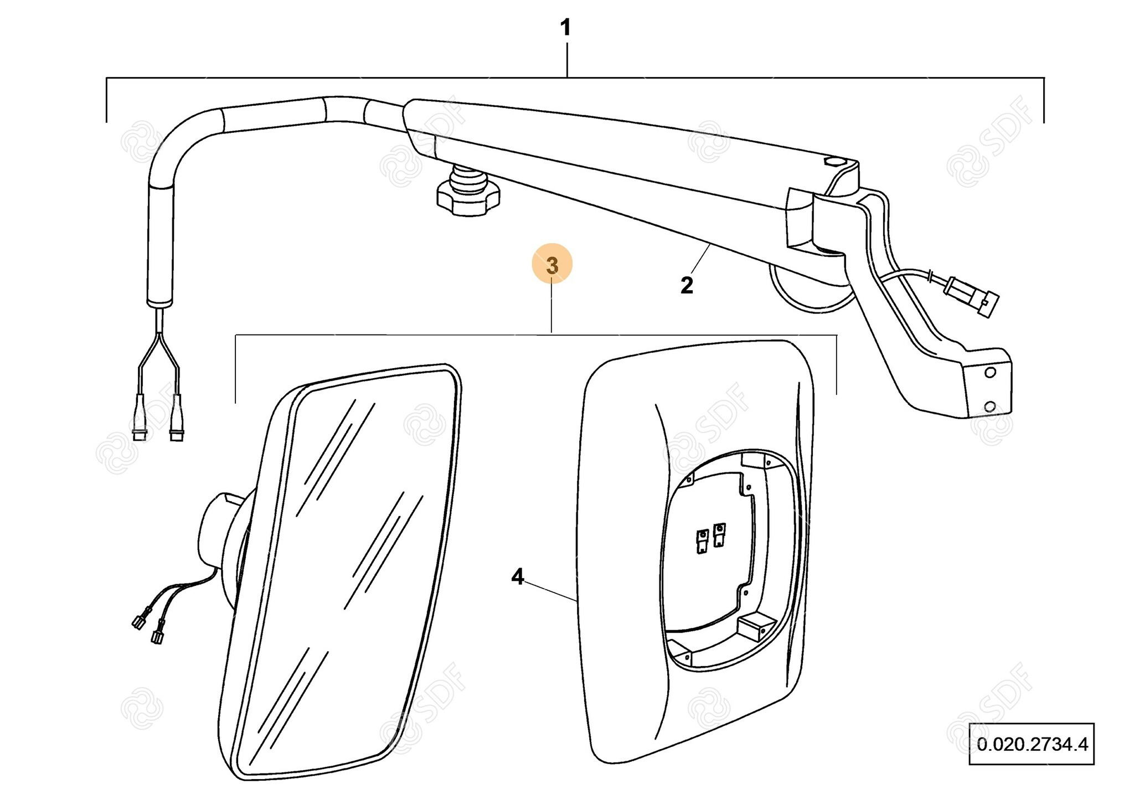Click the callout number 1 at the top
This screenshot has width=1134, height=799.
[x=565, y=28]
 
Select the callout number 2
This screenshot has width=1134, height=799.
[x=687, y=285]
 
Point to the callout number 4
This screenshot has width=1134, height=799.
[x=517, y=577]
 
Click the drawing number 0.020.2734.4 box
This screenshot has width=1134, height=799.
[x=1032, y=744]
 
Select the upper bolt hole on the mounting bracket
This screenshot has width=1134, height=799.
[x=991, y=373]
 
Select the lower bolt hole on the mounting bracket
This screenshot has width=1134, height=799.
[x=990, y=408]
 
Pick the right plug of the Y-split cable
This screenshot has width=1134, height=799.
[x=177, y=421]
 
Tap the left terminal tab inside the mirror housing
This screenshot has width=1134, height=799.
[x=702, y=542]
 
